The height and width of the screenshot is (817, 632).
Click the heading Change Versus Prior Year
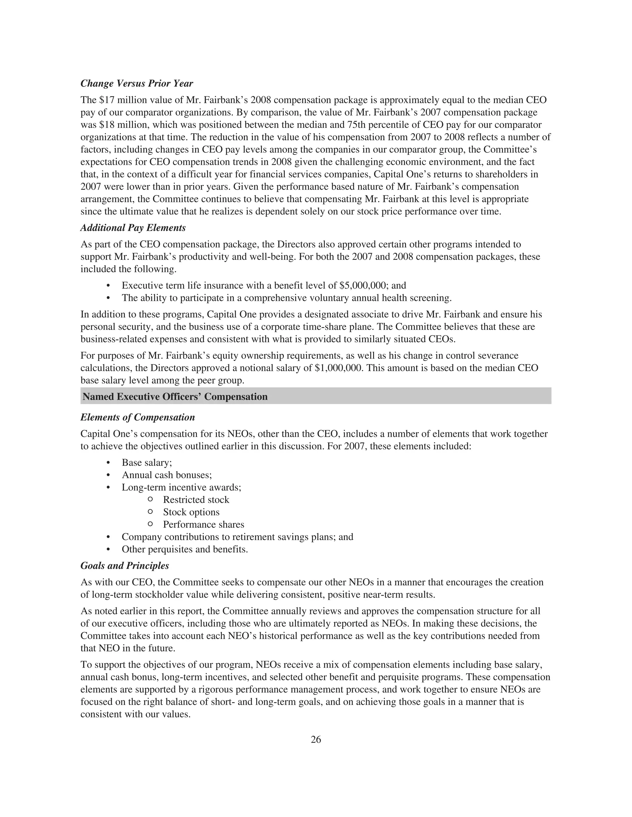pyautogui.click(x=137, y=84)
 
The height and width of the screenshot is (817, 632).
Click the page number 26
pyautogui.click(x=316, y=740)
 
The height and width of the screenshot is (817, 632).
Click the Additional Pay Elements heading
pyautogui.click(x=133, y=228)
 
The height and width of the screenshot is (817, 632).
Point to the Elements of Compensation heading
pyautogui.click(x=137, y=417)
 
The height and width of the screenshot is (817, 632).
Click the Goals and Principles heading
pyautogui.click(x=125, y=566)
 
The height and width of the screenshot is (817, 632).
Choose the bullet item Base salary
pyautogui.click(x=147, y=463)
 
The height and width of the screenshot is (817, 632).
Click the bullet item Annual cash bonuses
pyautogui.click(x=167, y=475)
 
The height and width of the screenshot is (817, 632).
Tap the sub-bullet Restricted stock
pyautogui.click(x=196, y=500)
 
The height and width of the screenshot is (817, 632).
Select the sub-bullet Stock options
pyautogui.click(x=191, y=512)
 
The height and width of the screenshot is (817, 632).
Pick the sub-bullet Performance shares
pyautogui.click(x=203, y=524)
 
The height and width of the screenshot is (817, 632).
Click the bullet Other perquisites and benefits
pyautogui.click(x=185, y=549)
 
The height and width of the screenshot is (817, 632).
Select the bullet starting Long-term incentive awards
pyautogui.click(x=181, y=487)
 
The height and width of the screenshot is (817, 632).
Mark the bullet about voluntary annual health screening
pyautogui.click(x=286, y=298)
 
